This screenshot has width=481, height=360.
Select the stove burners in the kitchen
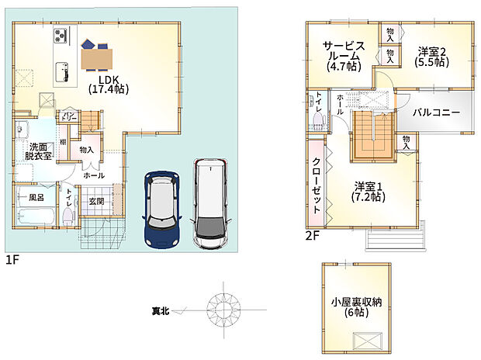click(61, 36)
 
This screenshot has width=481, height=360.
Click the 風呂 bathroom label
click(36, 197)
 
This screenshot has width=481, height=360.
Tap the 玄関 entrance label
click(97, 202)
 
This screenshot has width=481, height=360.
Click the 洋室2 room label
click(432, 57)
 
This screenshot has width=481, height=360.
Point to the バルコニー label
click(436, 112)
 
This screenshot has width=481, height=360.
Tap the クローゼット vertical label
click(317, 185)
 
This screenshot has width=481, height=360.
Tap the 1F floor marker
click(12, 259)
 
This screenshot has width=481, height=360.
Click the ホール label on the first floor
click(93, 176)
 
